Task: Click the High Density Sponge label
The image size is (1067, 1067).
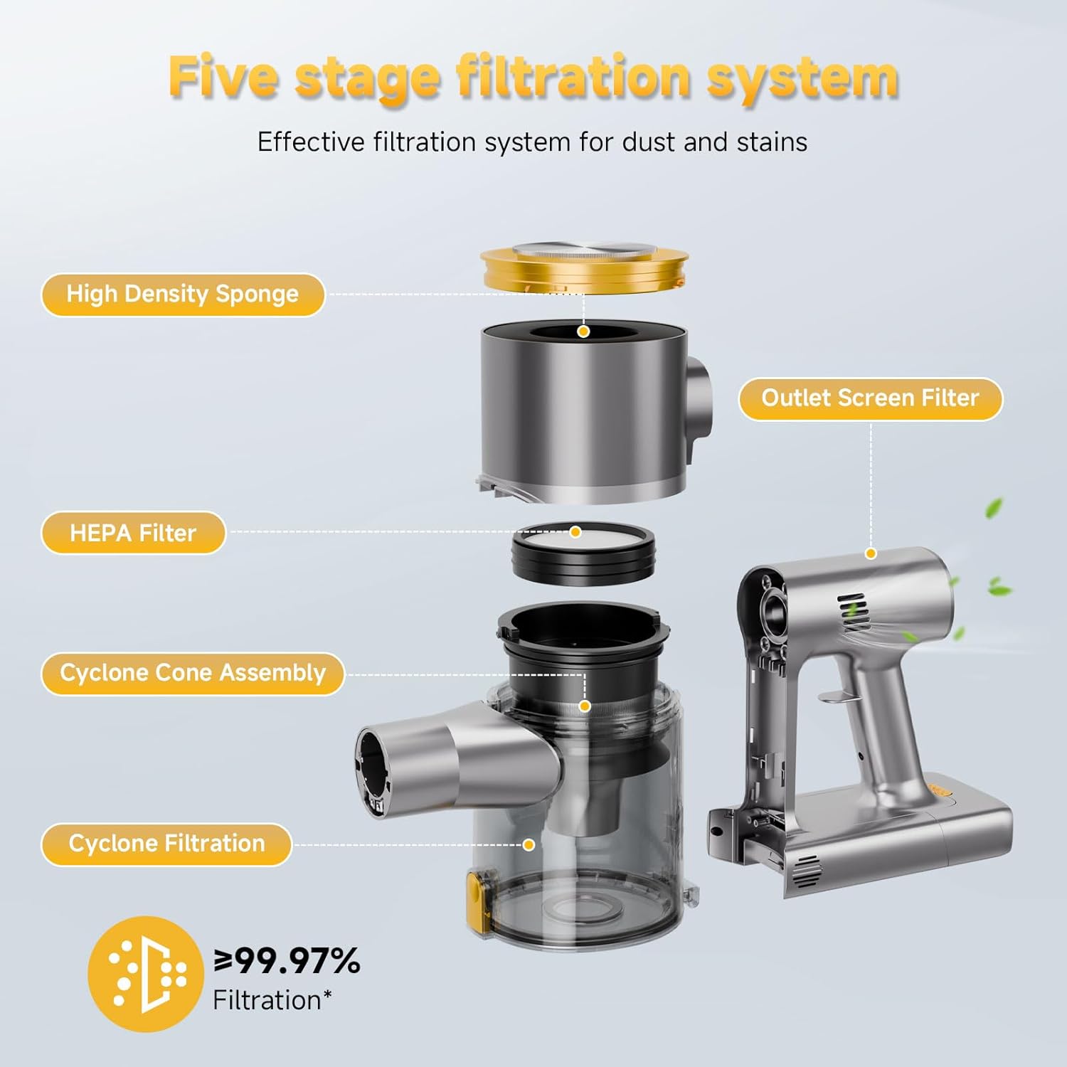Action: pyautogui.click(x=183, y=294)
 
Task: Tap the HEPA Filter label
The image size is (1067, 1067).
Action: pyautogui.click(x=133, y=533)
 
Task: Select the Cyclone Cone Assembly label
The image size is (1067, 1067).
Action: pyautogui.click(x=193, y=673)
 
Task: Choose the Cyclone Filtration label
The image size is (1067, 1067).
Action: pyautogui.click(x=166, y=844)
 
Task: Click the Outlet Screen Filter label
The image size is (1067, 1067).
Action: pyautogui.click(x=871, y=398)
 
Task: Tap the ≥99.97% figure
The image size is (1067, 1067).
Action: pyautogui.click(x=287, y=961)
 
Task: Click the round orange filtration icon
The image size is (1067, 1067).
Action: pyautogui.click(x=146, y=974)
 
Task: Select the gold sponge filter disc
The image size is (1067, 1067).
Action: pyautogui.click(x=585, y=268)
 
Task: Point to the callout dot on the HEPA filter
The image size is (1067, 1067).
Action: pyautogui.click(x=575, y=532)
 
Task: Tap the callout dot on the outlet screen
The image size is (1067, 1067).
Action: pyautogui.click(x=871, y=553)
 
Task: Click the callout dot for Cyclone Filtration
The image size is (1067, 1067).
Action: pyautogui.click(x=529, y=844)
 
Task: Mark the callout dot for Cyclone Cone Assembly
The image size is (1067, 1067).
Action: pyautogui.click(x=585, y=706)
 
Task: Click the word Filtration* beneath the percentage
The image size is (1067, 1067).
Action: pyautogui.click(x=272, y=1000)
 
